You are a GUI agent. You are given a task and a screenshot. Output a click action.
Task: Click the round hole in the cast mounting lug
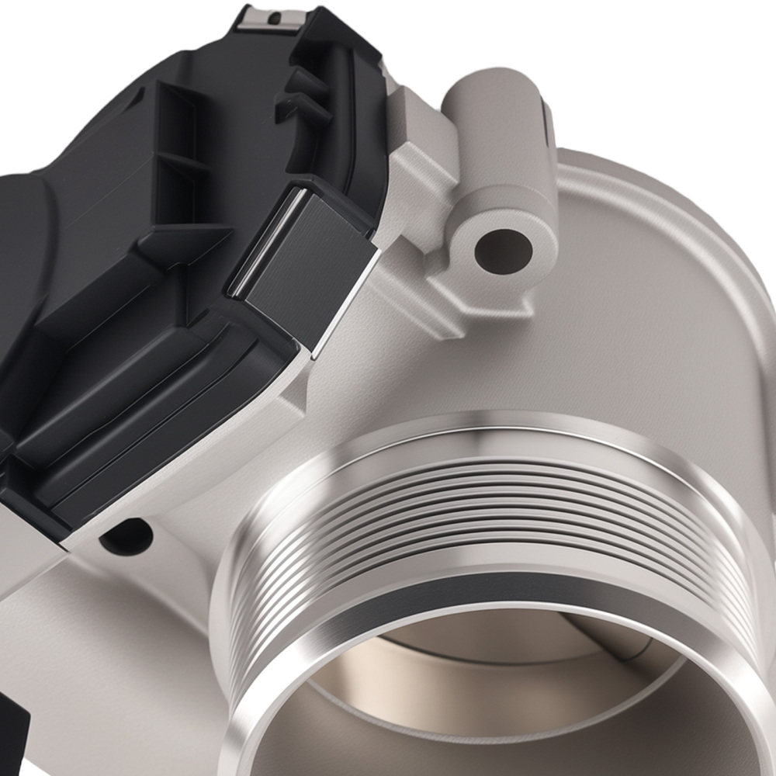(x=504, y=251)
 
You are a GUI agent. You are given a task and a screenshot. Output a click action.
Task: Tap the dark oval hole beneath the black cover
(x=127, y=535)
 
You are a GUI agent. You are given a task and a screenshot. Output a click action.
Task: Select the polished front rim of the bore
(x=256, y=698)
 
